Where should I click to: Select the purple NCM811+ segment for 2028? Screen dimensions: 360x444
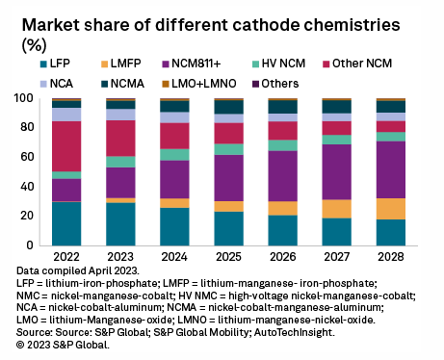(390, 169)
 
